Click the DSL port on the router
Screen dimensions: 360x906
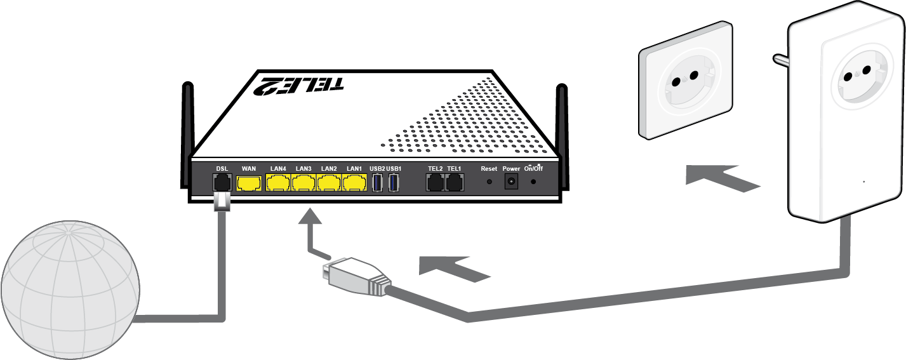click(x=222, y=183)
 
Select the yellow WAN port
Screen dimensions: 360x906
click(x=249, y=183)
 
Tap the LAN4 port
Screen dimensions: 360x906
click(x=278, y=183)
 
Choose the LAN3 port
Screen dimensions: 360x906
click(x=303, y=183)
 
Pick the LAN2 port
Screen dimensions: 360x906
click(x=329, y=183)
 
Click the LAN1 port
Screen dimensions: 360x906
click(x=354, y=183)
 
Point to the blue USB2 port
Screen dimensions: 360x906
click(x=377, y=183)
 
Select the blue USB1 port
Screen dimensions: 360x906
click(x=394, y=183)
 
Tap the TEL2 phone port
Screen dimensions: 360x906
click(x=435, y=183)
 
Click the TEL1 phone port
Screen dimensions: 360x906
click(x=454, y=183)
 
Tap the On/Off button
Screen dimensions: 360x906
click(x=533, y=182)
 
